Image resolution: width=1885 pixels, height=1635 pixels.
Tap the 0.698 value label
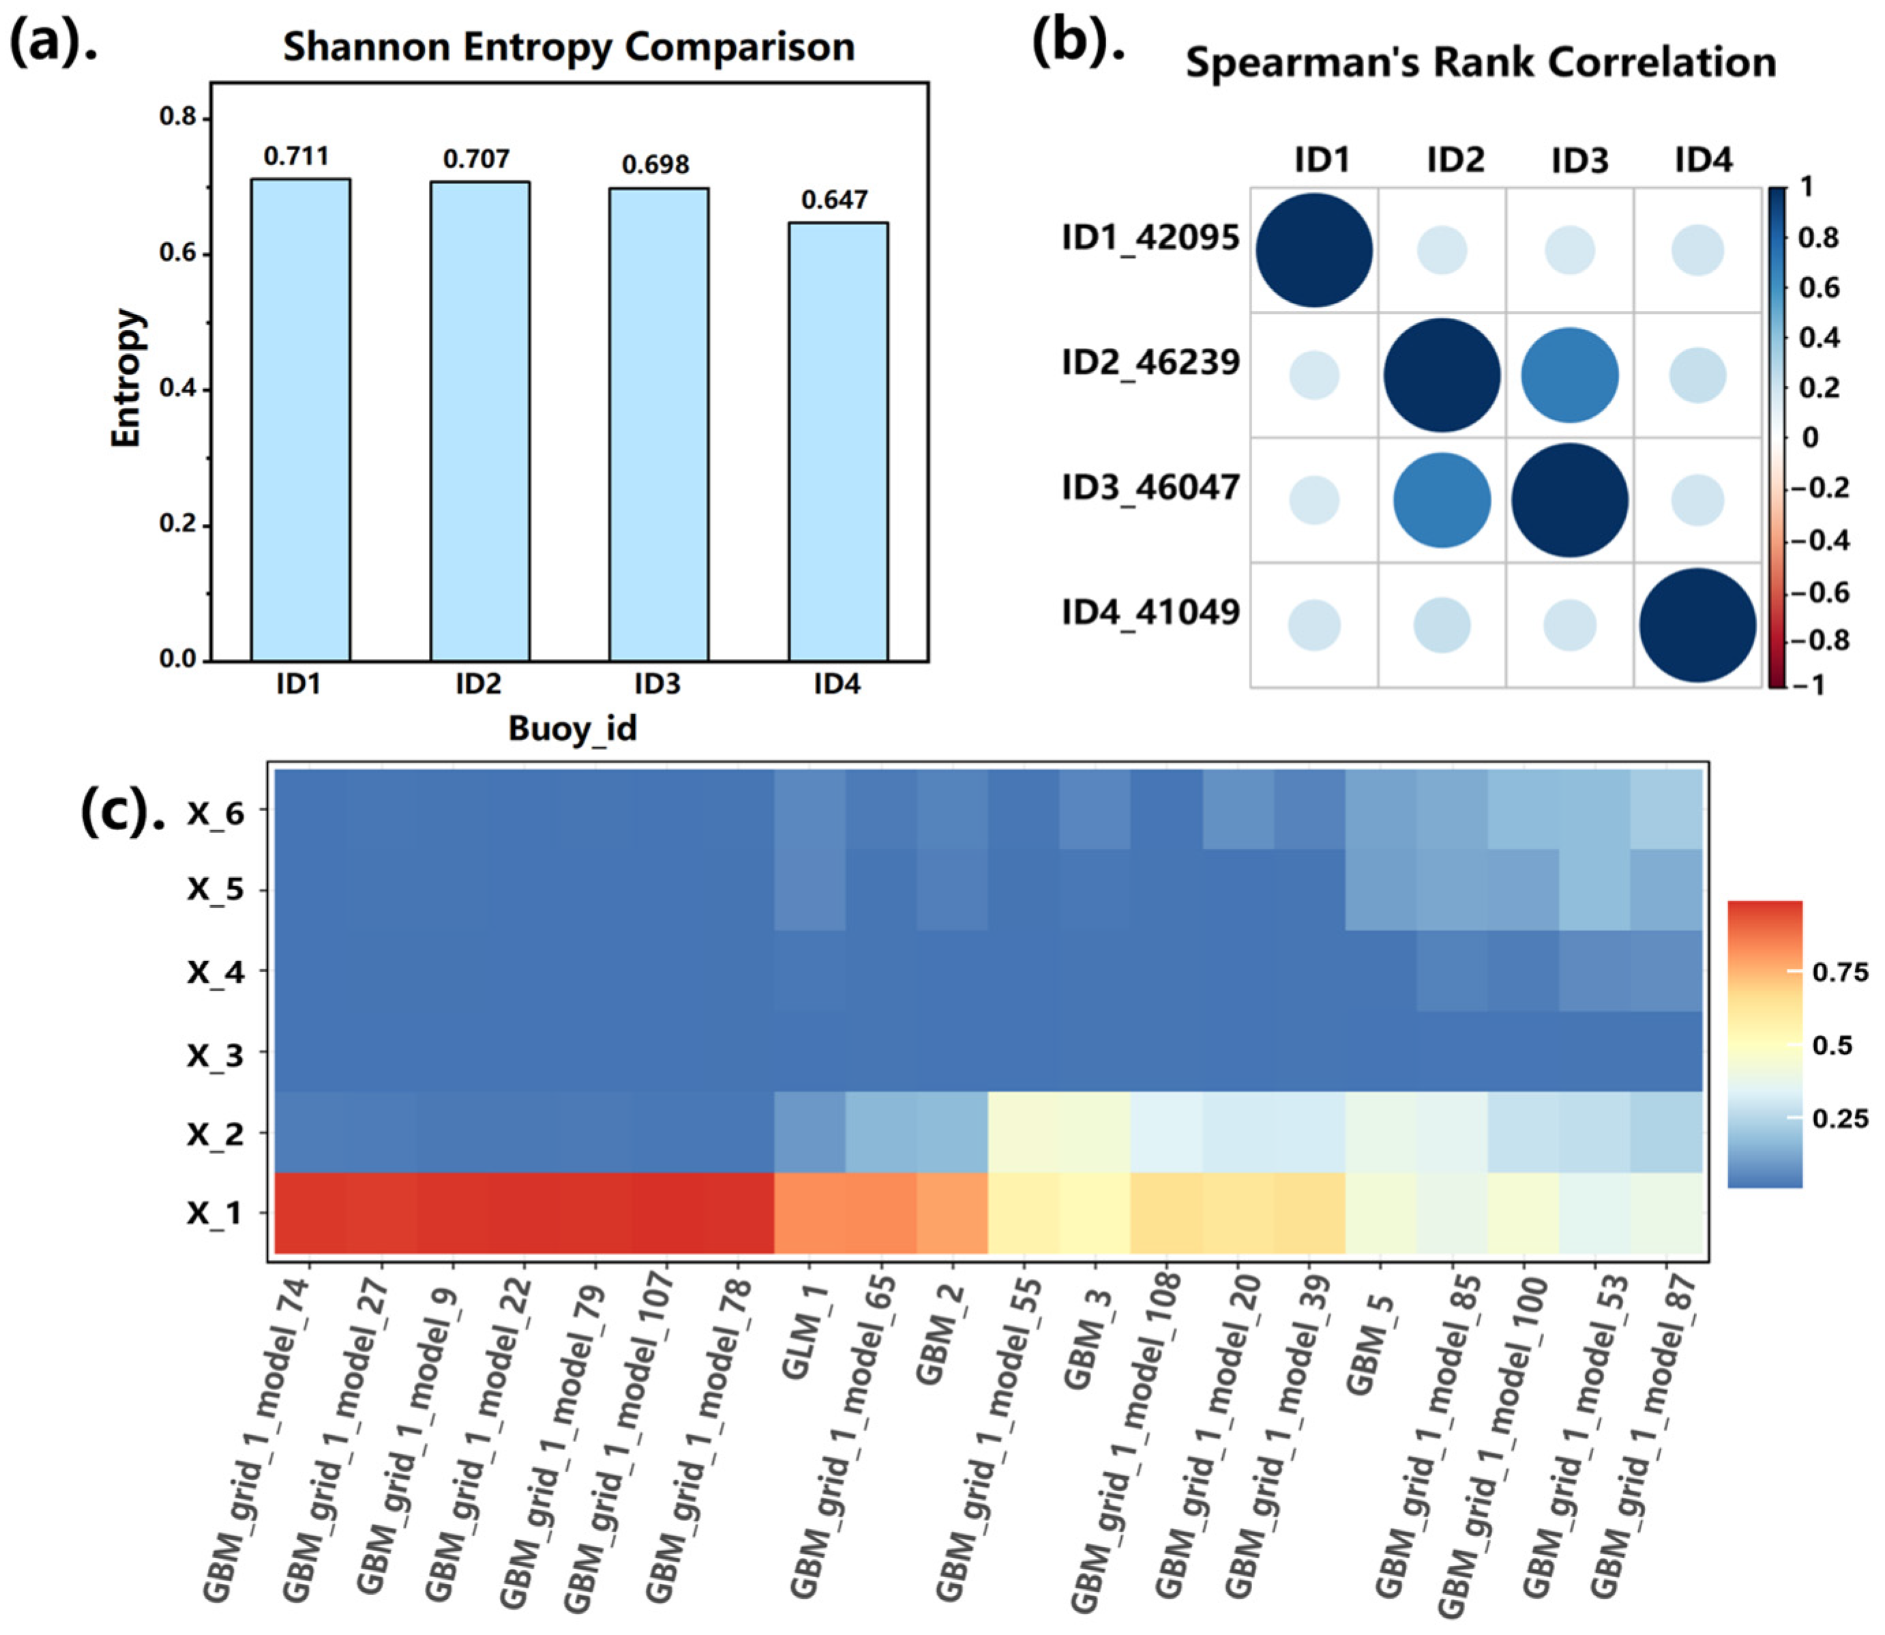(x=655, y=165)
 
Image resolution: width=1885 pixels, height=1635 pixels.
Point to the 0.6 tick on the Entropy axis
(x=179, y=254)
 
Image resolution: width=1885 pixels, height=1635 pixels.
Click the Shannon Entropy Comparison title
(x=568, y=48)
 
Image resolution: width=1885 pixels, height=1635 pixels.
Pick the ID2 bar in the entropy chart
(x=480, y=422)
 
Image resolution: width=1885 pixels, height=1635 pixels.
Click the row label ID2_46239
(x=1150, y=363)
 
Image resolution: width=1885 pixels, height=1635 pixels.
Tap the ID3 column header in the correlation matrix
(x=1579, y=160)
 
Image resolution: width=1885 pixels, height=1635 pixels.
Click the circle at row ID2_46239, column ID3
(x=1569, y=375)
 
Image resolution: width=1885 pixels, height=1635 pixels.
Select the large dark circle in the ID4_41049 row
(x=1697, y=626)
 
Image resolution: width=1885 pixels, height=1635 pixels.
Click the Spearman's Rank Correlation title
(x=1480, y=63)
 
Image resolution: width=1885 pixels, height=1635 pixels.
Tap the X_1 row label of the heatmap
(x=216, y=1213)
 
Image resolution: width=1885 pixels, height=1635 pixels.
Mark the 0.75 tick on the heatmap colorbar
(x=1839, y=973)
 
